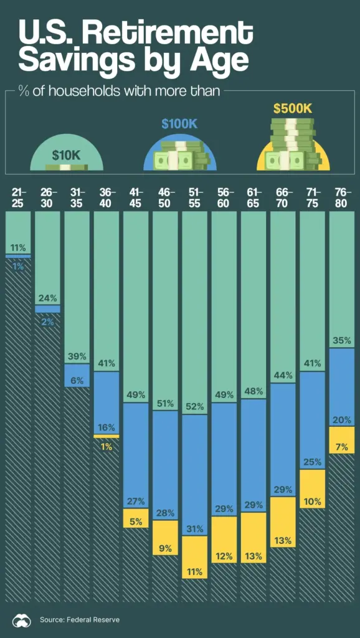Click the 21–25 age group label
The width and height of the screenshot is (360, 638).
(19, 198)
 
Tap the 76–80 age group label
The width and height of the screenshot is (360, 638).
(341, 198)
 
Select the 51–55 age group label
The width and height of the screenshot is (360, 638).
(195, 198)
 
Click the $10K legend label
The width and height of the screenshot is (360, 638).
(67, 155)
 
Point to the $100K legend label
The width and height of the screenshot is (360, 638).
(179, 123)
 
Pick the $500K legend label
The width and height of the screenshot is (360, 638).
(293, 108)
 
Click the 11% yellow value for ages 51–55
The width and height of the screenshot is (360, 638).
(195, 571)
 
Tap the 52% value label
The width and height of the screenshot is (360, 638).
(195, 407)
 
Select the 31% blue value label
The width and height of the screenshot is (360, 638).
(195, 529)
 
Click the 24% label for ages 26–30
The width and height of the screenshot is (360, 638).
(48, 298)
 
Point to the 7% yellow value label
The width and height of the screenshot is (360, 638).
(342, 446)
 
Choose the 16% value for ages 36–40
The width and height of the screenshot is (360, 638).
(107, 427)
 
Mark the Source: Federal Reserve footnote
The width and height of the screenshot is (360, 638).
(80, 619)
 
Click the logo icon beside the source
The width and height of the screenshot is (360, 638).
(21, 619)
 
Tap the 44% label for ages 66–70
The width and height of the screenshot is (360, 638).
(283, 376)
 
